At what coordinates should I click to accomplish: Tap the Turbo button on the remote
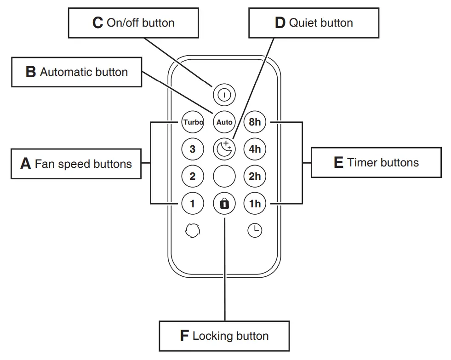[193, 122]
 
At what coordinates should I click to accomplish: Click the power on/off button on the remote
[224, 95]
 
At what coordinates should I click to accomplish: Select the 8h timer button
[255, 122]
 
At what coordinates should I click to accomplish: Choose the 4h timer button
[255, 149]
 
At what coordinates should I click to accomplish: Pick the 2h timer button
[255, 176]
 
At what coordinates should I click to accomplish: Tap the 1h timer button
[255, 203]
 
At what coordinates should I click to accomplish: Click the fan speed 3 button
[193, 149]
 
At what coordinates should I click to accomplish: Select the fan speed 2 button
[193, 176]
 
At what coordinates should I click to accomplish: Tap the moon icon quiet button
[224, 149]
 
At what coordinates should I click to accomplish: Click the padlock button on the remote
[224, 203]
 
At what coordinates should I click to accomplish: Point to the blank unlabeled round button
[224, 176]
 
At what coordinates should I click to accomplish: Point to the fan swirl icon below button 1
[193, 230]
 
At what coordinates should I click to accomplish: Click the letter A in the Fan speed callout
[26, 164]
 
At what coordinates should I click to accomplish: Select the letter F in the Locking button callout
[184, 336]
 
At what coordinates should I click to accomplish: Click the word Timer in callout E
[361, 162]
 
